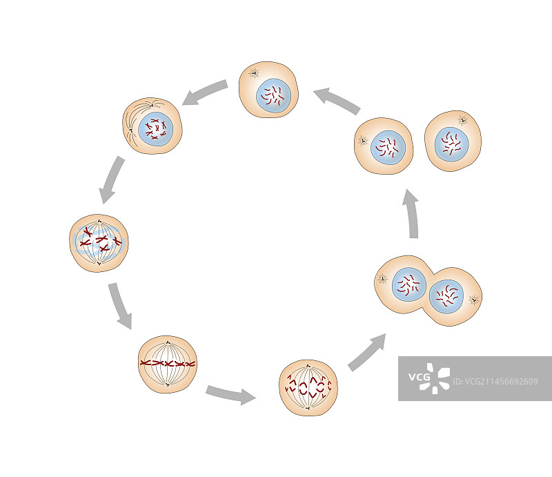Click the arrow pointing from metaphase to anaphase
(x=230, y=395)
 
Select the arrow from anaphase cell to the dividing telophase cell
(x=366, y=353)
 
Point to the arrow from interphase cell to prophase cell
(x=206, y=93)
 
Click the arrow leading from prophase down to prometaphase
(x=112, y=179)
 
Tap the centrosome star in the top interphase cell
(x=254, y=72)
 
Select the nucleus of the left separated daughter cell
(x=388, y=147)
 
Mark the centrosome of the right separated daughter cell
(x=463, y=120)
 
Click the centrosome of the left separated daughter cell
(x=362, y=141)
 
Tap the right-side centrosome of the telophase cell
(x=474, y=300)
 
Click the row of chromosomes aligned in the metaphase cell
(x=168, y=363)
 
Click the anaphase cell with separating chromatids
(x=308, y=387)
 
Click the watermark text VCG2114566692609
(x=495, y=381)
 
